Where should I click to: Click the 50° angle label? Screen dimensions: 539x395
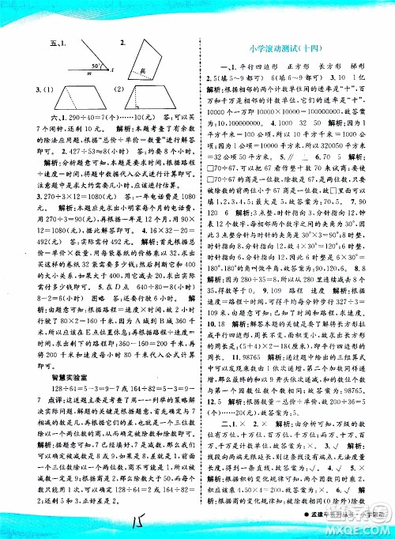[94, 64]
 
